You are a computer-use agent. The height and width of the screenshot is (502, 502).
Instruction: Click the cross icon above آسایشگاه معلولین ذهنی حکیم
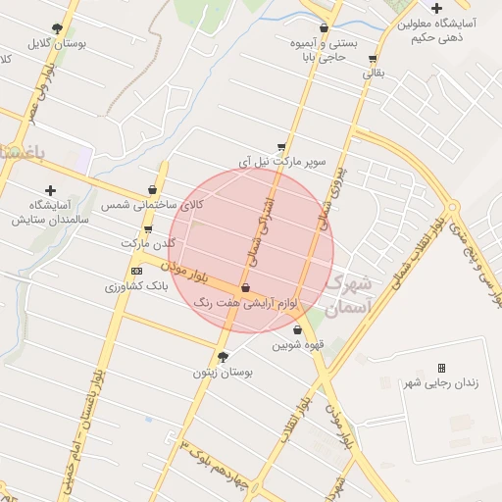pyautogui.click(x=436, y=8)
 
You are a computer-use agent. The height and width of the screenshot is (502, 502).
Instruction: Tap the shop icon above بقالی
pyautogui.click(x=373, y=59)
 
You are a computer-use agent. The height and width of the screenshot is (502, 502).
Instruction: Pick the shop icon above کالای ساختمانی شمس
pyautogui.click(x=152, y=189)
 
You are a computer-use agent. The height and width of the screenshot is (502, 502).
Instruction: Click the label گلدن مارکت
pyautogui.click(x=148, y=242)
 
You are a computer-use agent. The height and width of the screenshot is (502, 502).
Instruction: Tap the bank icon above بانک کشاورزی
pyautogui.click(x=136, y=272)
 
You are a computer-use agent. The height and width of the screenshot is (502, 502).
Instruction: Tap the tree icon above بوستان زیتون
pyautogui.click(x=223, y=357)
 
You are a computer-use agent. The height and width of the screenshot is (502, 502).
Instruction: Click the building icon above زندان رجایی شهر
pyautogui.click(x=441, y=368)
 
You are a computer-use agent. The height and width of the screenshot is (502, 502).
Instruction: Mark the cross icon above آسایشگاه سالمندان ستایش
pyautogui.click(x=50, y=189)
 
